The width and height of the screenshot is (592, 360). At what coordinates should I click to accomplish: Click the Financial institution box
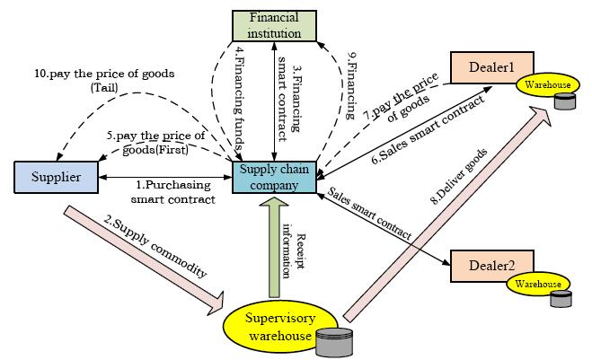[x=274, y=24]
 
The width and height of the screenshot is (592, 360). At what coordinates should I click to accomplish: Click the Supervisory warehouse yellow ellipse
[x=269, y=326]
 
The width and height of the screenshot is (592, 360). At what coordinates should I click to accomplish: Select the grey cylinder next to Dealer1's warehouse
[x=565, y=100]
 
